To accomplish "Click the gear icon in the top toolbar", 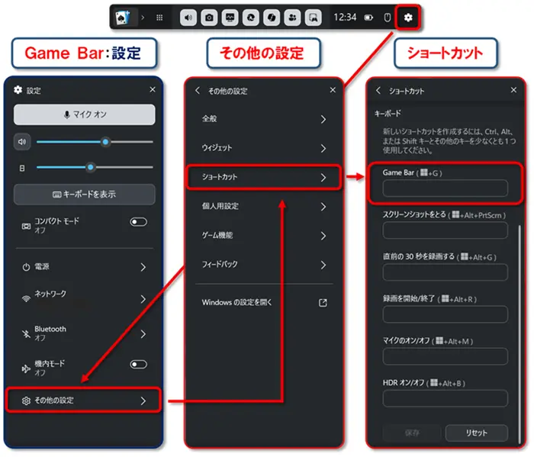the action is (408, 18).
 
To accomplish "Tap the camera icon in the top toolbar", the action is (209, 18).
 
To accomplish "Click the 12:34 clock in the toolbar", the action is (345, 17).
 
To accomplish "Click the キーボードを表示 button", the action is (85, 195).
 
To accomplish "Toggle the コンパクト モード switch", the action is (138, 222).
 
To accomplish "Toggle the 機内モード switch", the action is (138, 365).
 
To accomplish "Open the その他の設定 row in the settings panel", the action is (83, 401).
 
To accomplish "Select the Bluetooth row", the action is (84, 333).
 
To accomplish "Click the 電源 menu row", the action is (84, 267).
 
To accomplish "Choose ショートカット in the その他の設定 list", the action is (264, 177).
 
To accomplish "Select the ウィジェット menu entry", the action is (264, 148).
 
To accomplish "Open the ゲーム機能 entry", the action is (264, 236).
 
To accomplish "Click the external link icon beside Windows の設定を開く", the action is (323, 303).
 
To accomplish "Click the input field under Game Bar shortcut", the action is (445, 188).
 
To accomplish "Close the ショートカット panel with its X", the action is (513, 90).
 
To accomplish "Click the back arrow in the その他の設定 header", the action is (198, 90).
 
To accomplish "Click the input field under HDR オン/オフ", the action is (445, 398).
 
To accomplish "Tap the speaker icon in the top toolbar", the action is (188, 18).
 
